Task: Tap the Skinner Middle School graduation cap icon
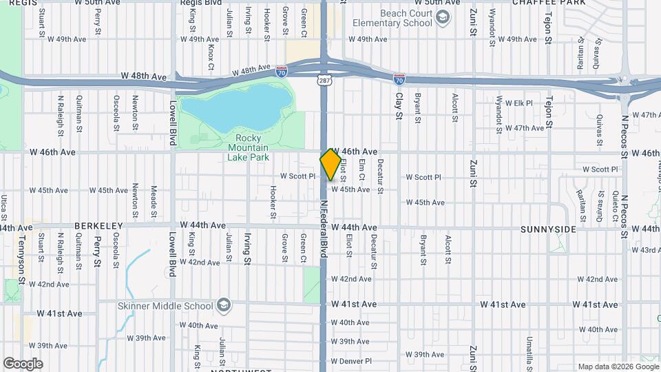pyautogui.click(x=223, y=305)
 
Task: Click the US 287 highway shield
pyautogui.click(x=324, y=81)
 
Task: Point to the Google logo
pyautogui.click(x=23, y=364)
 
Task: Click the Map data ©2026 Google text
pyautogui.click(x=616, y=366)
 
